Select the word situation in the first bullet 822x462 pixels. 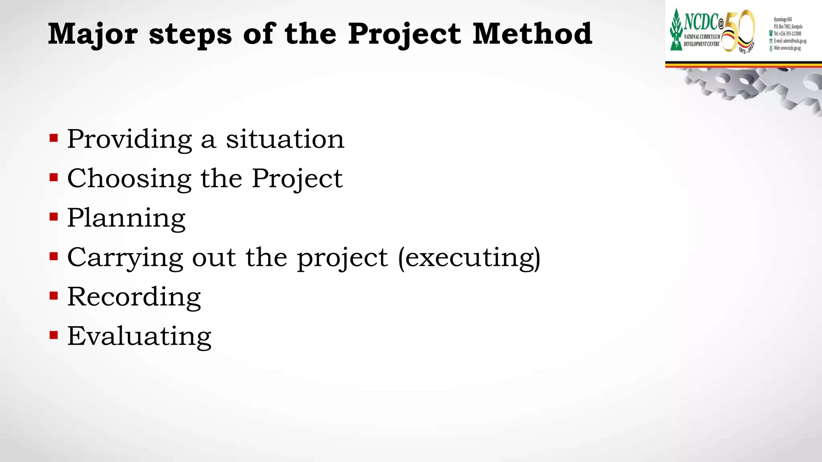coord(285,139)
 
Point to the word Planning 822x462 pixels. coord(126,219)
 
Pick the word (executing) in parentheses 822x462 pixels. coord(469,257)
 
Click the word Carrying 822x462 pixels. coord(125,258)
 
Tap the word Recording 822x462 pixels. coord(134,297)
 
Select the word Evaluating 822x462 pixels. coord(139,336)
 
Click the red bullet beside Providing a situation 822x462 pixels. coord(54,139)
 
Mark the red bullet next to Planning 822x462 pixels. coord(54,217)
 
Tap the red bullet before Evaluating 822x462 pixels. coord(54,335)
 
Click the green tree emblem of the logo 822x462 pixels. coord(676,30)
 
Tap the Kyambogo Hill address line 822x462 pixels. coord(783,19)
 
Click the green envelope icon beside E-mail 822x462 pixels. coord(771,41)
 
